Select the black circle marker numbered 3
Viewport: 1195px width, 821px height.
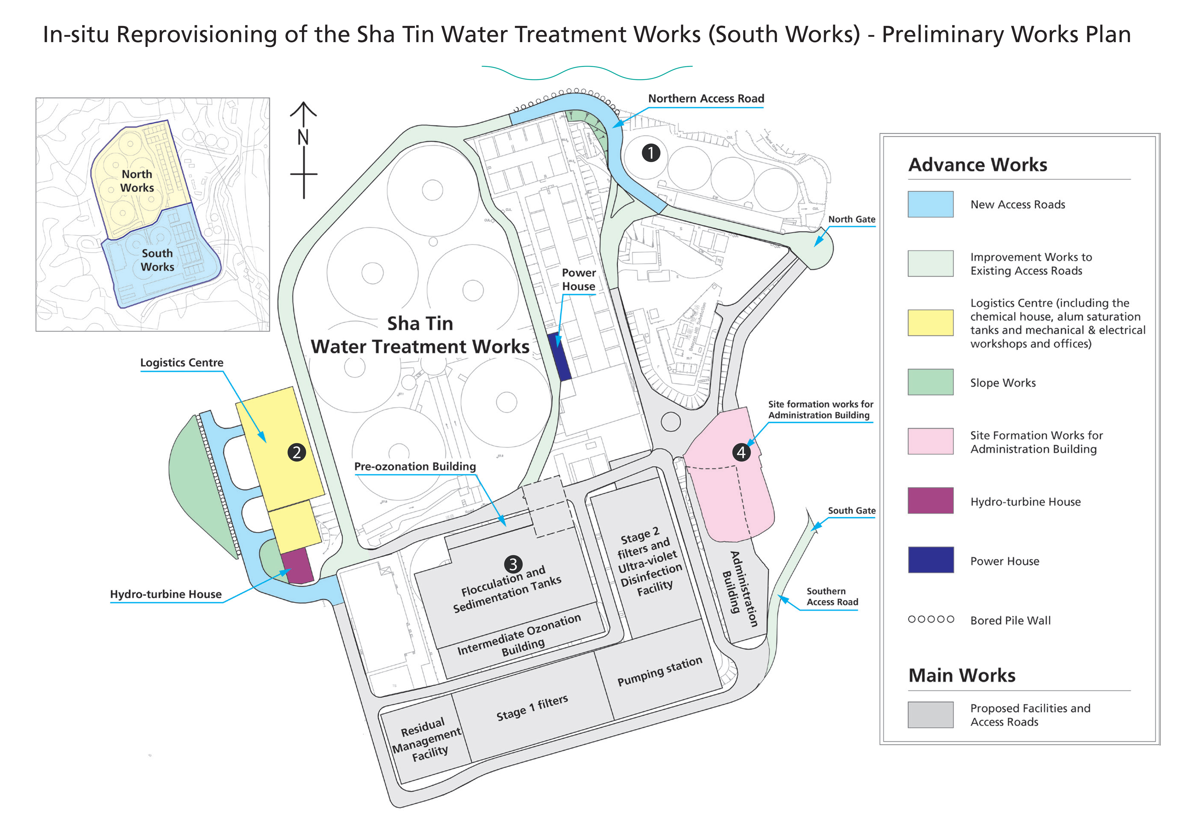tap(513, 564)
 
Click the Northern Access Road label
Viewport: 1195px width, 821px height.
tap(706, 98)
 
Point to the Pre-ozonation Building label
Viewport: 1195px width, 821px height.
tap(415, 466)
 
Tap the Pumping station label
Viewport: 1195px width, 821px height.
tap(659, 671)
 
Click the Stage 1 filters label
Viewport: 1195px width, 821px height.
tap(532, 708)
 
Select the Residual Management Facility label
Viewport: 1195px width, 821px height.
tap(426, 740)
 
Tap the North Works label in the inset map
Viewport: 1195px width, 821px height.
tap(137, 181)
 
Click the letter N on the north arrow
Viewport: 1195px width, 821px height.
tap(303, 137)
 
